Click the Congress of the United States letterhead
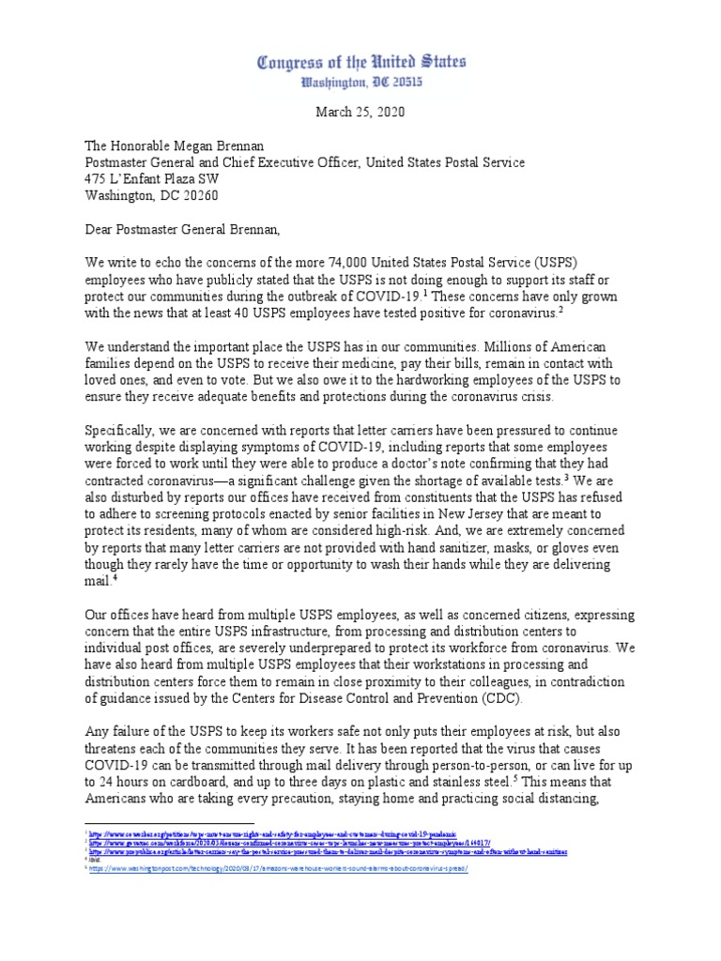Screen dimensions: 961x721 pyautogui.click(x=360, y=64)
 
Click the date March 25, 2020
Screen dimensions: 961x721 pyautogui.click(x=360, y=112)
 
